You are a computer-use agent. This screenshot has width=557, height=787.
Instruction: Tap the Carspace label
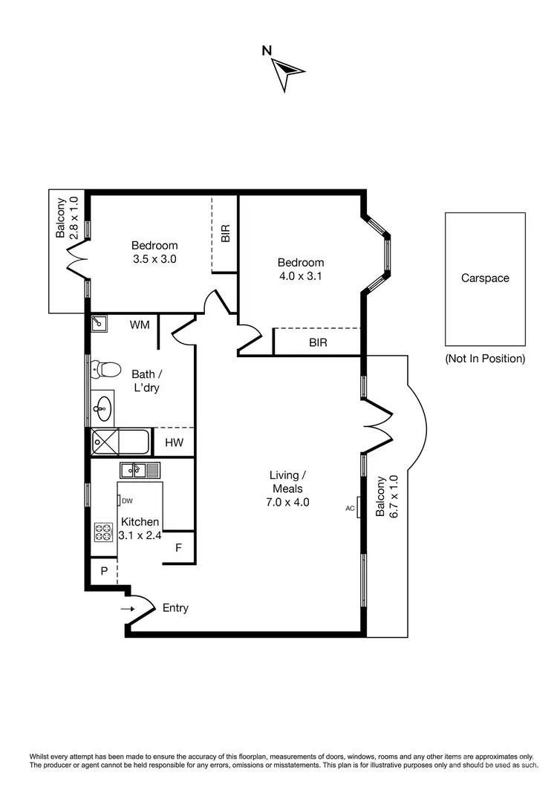(485, 278)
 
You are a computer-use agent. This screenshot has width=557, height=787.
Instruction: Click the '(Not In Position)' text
(485, 359)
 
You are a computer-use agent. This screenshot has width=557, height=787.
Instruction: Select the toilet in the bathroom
(109, 369)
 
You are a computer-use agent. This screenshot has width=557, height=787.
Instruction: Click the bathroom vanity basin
(103, 406)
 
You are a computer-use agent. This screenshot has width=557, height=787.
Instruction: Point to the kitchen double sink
(140, 470)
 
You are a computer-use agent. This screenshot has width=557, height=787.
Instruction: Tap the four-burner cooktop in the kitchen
(102, 532)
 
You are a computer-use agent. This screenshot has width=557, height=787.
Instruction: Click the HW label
(174, 443)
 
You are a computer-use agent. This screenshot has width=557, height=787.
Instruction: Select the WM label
(140, 324)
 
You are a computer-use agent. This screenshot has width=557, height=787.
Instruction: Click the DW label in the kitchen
(127, 500)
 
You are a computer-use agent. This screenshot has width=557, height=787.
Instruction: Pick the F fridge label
(178, 549)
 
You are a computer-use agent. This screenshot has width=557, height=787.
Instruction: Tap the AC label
(350, 509)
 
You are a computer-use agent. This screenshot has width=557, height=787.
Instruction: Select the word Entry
(175, 608)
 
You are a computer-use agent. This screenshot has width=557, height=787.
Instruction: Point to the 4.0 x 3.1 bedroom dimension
(301, 276)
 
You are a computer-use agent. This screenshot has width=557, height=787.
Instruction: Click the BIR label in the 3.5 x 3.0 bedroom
(225, 234)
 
